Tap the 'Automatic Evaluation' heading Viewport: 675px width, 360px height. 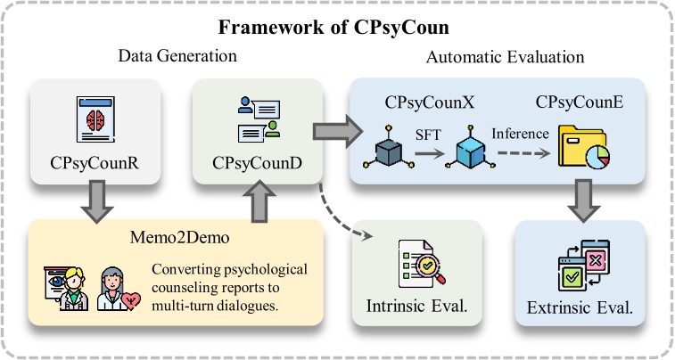pos(505,57)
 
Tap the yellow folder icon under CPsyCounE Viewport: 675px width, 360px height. pos(580,147)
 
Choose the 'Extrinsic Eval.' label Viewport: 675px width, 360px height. pos(580,309)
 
